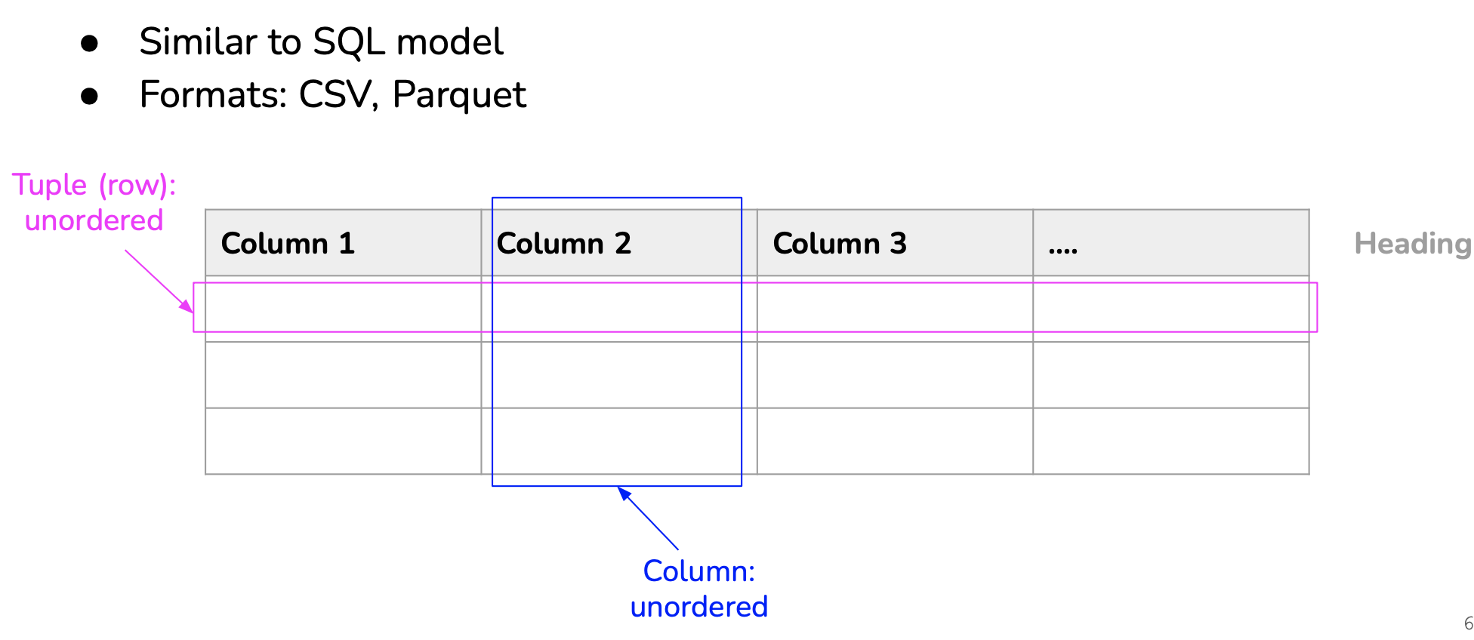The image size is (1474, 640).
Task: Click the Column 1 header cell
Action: pyautogui.click(x=344, y=243)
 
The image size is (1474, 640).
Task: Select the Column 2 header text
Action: pyautogui.click(x=563, y=244)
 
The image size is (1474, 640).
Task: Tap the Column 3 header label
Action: pyautogui.click(x=840, y=244)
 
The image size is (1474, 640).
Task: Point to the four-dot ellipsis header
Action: pyautogui.click(x=1063, y=250)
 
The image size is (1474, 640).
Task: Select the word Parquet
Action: pyautogui.click(x=459, y=96)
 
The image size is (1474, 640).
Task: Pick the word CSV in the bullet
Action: pyautogui.click(x=338, y=95)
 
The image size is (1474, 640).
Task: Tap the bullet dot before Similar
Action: pyautogui.click(x=90, y=44)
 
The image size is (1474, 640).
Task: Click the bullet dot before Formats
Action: pyautogui.click(x=90, y=97)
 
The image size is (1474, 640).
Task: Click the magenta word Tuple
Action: pyautogui.click(x=50, y=185)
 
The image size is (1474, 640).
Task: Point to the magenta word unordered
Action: pyautogui.click(x=94, y=220)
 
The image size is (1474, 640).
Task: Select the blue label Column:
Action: pyautogui.click(x=699, y=571)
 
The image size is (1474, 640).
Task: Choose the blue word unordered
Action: pyautogui.click(x=699, y=607)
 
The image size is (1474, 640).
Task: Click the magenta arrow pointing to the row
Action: pyautogui.click(x=159, y=282)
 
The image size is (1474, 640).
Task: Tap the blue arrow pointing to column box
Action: pyautogui.click(x=648, y=518)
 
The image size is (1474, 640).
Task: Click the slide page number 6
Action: pyautogui.click(x=1468, y=624)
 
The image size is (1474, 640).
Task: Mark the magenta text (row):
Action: pyautogui.click(x=137, y=186)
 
